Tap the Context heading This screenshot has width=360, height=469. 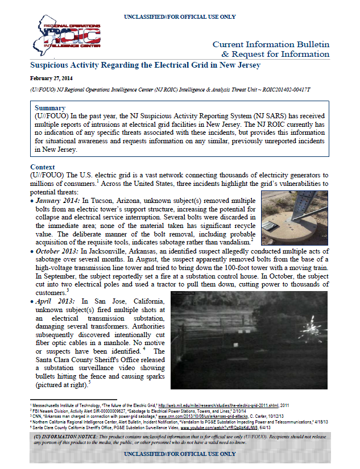43,166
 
